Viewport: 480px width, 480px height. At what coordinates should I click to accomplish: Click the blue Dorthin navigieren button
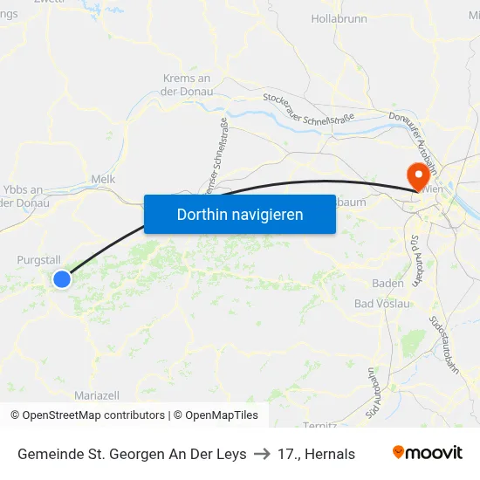(x=240, y=214)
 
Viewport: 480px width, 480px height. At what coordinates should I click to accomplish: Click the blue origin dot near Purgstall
(x=62, y=278)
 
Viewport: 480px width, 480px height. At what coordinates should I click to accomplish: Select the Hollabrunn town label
(x=339, y=18)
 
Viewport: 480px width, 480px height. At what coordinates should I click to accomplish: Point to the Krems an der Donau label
(x=187, y=85)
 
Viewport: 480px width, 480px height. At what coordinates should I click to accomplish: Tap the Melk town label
(x=103, y=179)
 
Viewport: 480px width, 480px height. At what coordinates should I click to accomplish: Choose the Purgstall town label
(x=39, y=259)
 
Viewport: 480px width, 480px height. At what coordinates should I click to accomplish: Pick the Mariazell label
(x=98, y=395)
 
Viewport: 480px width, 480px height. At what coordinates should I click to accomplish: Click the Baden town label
(x=387, y=284)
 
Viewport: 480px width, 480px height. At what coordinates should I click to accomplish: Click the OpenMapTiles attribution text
(x=222, y=415)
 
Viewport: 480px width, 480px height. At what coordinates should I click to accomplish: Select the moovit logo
(x=428, y=453)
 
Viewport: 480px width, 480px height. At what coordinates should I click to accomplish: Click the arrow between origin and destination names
(x=262, y=454)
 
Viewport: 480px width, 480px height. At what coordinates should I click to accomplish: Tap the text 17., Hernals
(x=316, y=454)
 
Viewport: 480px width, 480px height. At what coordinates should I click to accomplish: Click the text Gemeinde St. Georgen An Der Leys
(x=132, y=454)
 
